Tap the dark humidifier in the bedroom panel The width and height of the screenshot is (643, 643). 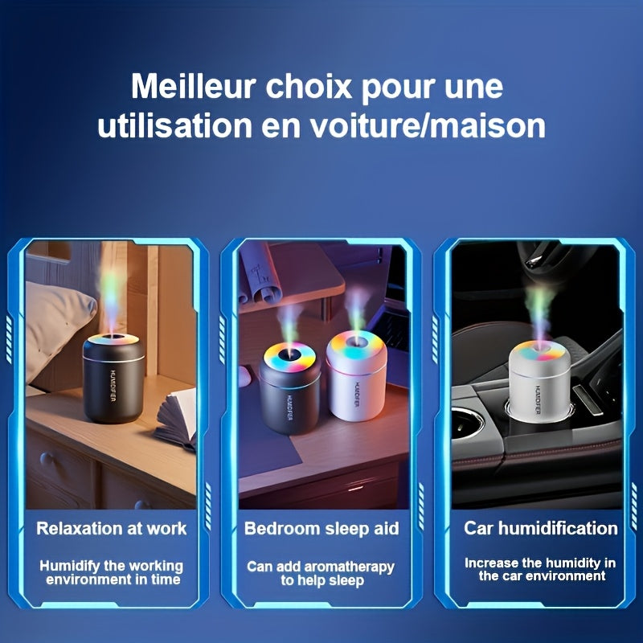(x=290, y=390)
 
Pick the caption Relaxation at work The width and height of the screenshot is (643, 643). (x=111, y=528)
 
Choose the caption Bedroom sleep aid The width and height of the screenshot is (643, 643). (x=321, y=528)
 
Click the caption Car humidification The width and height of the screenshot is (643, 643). (x=540, y=528)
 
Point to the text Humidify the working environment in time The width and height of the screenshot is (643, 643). (x=111, y=572)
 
